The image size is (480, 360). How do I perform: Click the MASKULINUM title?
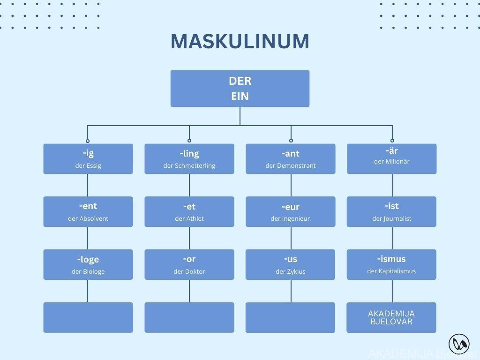click(x=240, y=41)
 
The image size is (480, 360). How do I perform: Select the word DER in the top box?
click(x=240, y=81)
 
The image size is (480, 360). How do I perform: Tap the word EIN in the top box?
click(x=240, y=96)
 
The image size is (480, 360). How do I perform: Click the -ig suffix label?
click(x=88, y=153)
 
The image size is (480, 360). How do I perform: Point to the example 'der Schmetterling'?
click(x=189, y=165)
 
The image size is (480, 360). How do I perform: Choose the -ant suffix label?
click(x=291, y=153)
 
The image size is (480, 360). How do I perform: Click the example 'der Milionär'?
click(x=392, y=161)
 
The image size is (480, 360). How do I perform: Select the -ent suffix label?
click(x=88, y=206)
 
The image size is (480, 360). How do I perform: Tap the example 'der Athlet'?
click(x=189, y=218)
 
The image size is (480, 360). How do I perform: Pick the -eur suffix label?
click(x=291, y=207)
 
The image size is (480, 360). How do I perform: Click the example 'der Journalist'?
click(x=392, y=218)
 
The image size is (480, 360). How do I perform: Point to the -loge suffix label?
click(x=88, y=259)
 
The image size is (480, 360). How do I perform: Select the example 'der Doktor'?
click(x=189, y=271)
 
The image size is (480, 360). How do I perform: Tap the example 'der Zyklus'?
click(x=291, y=271)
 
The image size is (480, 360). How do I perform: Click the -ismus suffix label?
click(x=391, y=259)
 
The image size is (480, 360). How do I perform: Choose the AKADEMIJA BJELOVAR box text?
click(x=391, y=317)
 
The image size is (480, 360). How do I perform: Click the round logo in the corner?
click(x=459, y=345)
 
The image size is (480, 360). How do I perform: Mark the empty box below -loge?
click(x=88, y=317)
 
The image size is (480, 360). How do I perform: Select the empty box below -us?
click(x=291, y=317)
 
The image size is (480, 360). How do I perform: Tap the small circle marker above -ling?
click(x=189, y=141)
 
